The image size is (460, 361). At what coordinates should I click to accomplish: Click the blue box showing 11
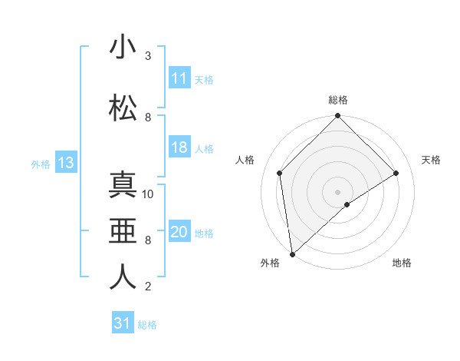click(179, 78)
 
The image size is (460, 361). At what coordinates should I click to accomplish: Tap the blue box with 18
click(179, 147)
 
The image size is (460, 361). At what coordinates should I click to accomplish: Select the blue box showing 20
click(179, 232)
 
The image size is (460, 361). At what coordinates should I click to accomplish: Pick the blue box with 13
click(65, 163)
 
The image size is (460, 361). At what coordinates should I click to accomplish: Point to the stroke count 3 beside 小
click(148, 56)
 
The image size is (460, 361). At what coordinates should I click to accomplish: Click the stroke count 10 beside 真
click(148, 194)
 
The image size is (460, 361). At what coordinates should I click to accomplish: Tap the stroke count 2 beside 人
click(148, 286)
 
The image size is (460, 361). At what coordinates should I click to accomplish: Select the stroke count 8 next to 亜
click(148, 240)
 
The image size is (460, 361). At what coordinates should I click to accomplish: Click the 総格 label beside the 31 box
click(147, 325)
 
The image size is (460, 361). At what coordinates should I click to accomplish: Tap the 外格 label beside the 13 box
click(41, 164)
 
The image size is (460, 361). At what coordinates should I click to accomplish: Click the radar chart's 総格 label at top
click(338, 100)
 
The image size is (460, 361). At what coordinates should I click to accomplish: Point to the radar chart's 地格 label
click(402, 263)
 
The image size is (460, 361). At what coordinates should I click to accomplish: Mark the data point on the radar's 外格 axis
click(292, 253)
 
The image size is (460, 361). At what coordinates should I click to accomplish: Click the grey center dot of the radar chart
click(338, 191)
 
